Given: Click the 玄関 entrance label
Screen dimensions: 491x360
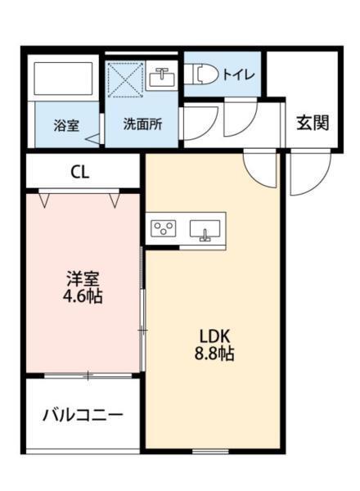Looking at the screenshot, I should click(312, 124).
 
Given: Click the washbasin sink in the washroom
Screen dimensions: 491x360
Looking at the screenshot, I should click(161, 79).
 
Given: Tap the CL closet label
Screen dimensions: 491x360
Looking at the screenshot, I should click(79, 172).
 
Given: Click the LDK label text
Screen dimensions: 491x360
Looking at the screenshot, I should click(216, 336).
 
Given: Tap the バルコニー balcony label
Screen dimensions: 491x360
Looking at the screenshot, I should click(83, 415).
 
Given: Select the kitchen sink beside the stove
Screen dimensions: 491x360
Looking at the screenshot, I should click(205, 230).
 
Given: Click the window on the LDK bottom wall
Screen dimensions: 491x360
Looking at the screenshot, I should click(210, 451).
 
